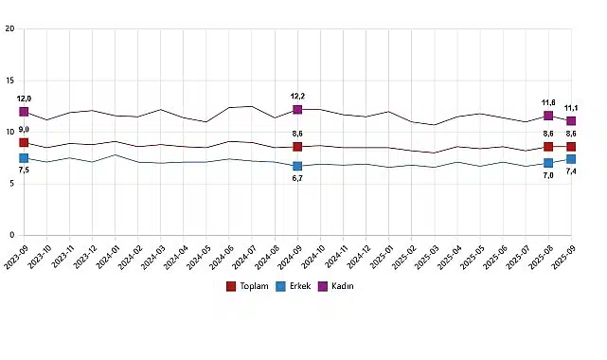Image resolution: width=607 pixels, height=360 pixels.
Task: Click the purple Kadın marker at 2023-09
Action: (24, 112)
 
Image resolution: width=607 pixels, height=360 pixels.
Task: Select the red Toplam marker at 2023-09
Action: (24, 142)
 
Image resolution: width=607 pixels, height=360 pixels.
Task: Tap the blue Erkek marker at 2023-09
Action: (24, 158)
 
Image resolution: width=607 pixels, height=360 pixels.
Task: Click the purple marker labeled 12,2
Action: (297, 110)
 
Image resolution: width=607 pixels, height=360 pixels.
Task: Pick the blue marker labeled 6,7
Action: (297, 167)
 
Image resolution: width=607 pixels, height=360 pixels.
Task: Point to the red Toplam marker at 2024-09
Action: (297, 147)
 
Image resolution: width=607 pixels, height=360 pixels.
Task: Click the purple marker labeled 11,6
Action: (548, 116)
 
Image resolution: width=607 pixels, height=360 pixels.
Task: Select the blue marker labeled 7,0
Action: (548, 163)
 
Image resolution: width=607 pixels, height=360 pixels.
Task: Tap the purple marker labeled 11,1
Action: (571, 121)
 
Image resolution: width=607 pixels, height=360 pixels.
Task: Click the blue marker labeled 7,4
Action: (571, 159)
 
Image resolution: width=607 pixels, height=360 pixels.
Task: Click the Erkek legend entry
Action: (295, 286)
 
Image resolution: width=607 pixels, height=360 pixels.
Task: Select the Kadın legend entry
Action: (338, 286)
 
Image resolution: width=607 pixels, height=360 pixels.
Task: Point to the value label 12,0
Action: (24, 99)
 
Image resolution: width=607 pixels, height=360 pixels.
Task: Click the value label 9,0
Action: (24, 130)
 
